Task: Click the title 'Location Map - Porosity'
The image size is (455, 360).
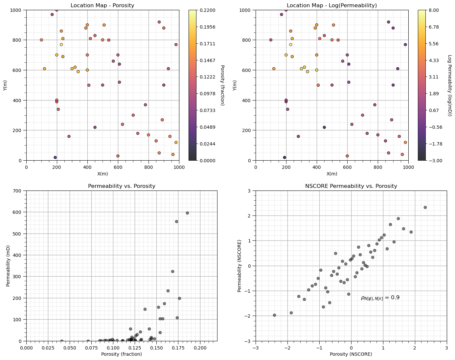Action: tap(102, 5)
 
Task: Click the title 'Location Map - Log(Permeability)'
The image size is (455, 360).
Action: tap(332, 5)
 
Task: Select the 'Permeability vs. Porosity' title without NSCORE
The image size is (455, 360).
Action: tap(122, 186)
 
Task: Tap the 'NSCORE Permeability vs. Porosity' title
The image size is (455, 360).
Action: tap(351, 186)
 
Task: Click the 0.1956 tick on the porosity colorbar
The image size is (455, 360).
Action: tap(207, 27)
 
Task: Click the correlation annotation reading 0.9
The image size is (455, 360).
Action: tap(380, 298)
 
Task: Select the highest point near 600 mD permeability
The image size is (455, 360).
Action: tap(187, 213)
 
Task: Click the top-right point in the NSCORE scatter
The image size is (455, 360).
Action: tap(425, 207)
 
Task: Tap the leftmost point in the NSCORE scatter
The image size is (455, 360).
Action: tap(274, 315)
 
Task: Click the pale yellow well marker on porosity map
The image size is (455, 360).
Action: tap(61, 45)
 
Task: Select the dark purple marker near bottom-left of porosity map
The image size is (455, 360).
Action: tap(55, 157)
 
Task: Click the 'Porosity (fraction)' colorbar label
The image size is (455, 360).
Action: tap(222, 85)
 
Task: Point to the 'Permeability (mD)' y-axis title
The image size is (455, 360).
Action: tap(8, 266)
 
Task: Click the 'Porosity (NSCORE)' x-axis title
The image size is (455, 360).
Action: tap(351, 354)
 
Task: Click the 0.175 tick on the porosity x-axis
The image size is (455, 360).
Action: tap(178, 348)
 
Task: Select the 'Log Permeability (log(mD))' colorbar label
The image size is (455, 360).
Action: tap(450, 85)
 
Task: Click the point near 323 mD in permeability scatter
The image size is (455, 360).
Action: tap(172, 271)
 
